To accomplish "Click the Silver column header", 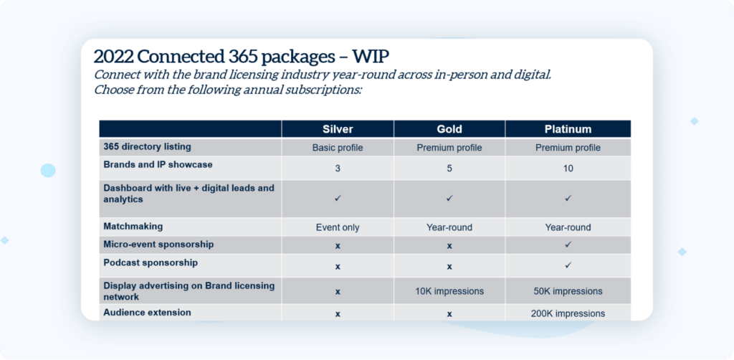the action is click(338, 129).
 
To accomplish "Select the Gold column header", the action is click(449, 129).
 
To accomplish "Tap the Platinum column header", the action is click(568, 129).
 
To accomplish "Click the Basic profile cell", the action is click(338, 148).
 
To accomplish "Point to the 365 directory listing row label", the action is click(147, 146).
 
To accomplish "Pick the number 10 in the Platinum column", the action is click(568, 169).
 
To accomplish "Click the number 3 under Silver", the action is click(338, 169).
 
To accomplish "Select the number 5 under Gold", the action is click(449, 169).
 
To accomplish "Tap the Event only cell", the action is click(338, 227).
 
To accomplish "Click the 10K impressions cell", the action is click(449, 291).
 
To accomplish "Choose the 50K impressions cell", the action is click(568, 291).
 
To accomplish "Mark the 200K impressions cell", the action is click(568, 313).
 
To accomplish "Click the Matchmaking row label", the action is click(133, 226).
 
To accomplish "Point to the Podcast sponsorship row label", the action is click(151, 262).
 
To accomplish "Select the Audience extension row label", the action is click(147, 312).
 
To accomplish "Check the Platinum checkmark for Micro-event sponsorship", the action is click(568, 245).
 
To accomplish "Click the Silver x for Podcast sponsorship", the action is click(338, 267).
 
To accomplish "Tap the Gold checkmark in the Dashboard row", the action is click(449, 199).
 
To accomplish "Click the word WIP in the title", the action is click(371, 56).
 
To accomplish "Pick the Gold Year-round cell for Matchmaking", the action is click(449, 227).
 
